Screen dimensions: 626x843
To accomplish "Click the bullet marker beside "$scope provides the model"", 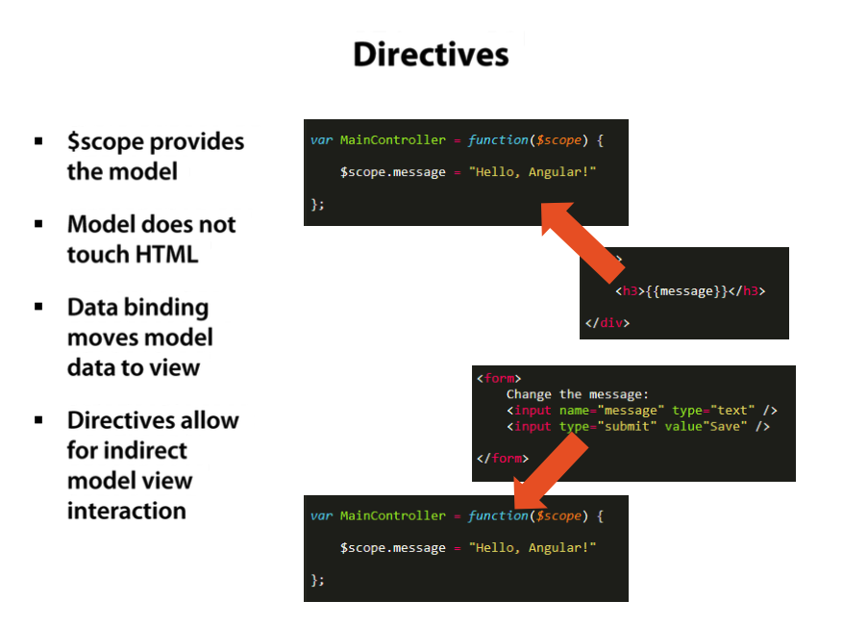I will pyautogui.click(x=39, y=141).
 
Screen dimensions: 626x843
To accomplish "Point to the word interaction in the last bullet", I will pyautogui.click(x=127, y=511).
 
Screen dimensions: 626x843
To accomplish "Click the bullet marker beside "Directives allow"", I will pyautogui.click(x=39, y=420).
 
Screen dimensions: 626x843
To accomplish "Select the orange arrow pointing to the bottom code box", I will pyautogui.click(x=549, y=471).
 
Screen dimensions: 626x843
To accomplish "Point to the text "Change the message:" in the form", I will pyautogui.click(x=578, y=394).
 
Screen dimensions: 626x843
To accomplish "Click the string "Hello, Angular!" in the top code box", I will pyautogui.click(x=533, y=171).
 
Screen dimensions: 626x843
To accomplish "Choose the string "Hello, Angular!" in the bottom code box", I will pyautogui.click(x=533, y=547).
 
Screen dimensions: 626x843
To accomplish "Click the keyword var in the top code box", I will pyautogui.click(x=321, y=140).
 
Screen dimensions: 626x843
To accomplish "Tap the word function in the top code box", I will pyautogui.click(x=497, y=140).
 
